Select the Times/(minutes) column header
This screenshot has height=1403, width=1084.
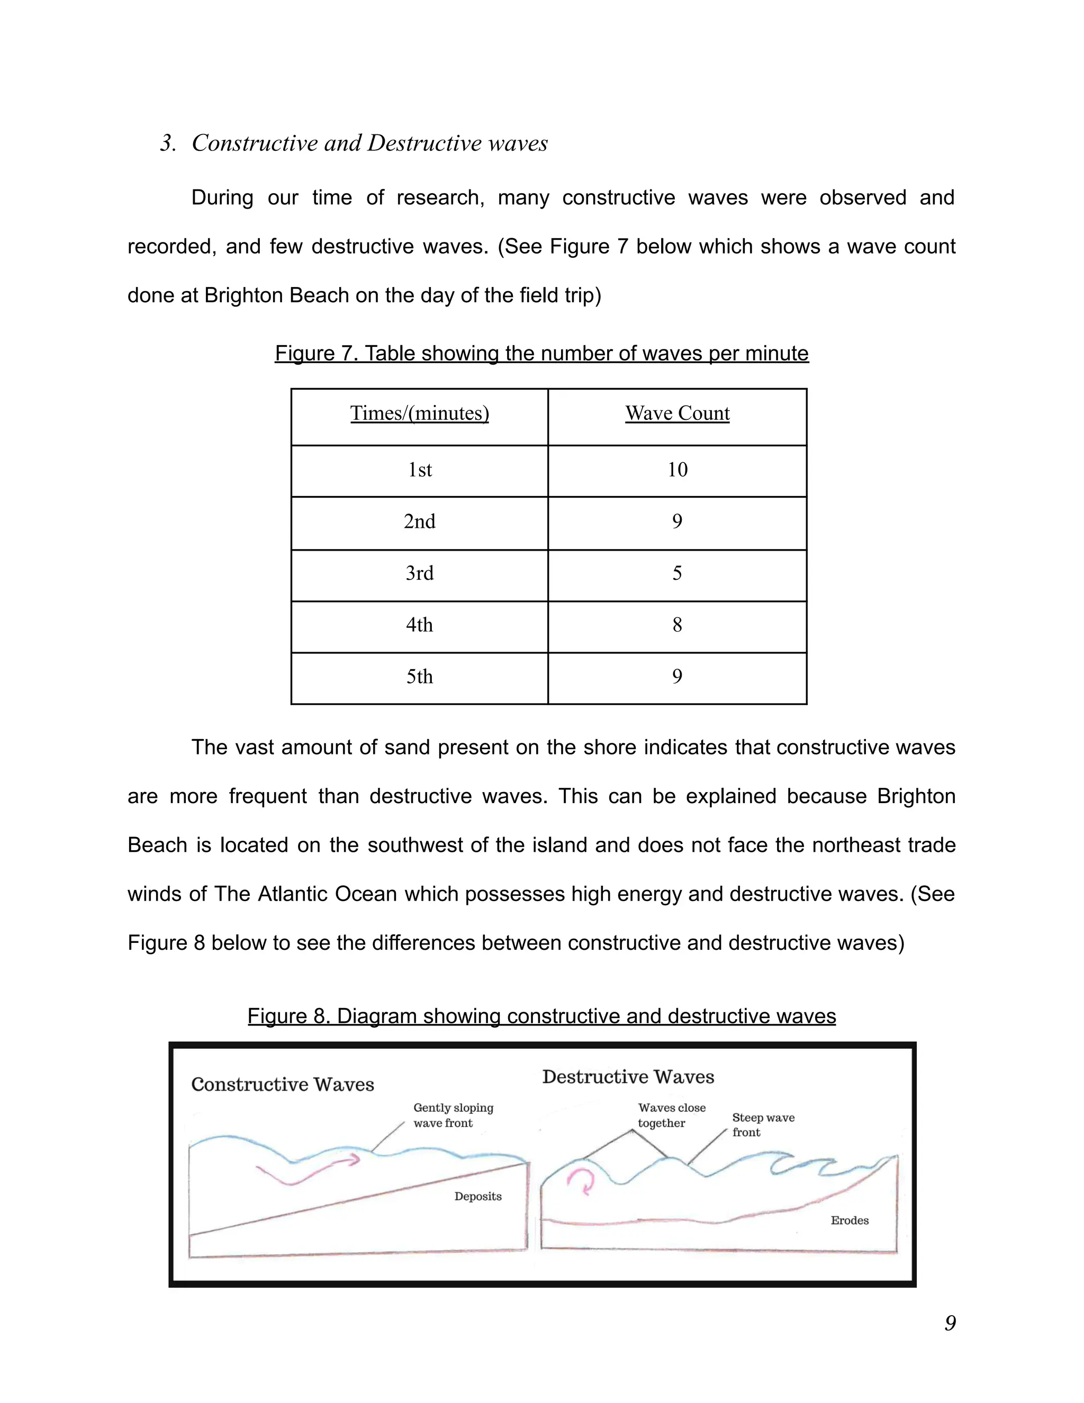click(419, 413)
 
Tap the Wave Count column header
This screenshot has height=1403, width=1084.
click(677, 413)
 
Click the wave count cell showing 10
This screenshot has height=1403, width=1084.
click(677, 470)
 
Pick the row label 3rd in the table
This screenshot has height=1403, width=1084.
click(419, 573)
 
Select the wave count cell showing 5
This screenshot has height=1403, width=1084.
click(677, 573)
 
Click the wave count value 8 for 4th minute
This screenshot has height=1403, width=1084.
click(677, 624)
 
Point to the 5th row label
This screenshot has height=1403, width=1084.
click(419, 677)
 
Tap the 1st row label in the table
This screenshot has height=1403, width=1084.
click(419, 470)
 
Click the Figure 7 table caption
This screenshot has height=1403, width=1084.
click(541, 353)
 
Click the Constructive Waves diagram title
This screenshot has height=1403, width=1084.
click(283, 1084)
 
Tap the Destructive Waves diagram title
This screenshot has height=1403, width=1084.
click(628, 1077)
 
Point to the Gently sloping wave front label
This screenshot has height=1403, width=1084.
click(453, 1115)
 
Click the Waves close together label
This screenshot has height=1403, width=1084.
click(671, 1115)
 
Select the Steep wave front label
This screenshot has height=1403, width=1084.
click(763, 1125)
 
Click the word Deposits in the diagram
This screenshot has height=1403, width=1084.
click(478, 1196)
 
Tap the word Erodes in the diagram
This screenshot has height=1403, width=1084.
click(850, 1220)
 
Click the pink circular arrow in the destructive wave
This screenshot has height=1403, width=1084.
click(582, 1181)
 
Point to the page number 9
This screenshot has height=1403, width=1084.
click(950, 1322)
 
